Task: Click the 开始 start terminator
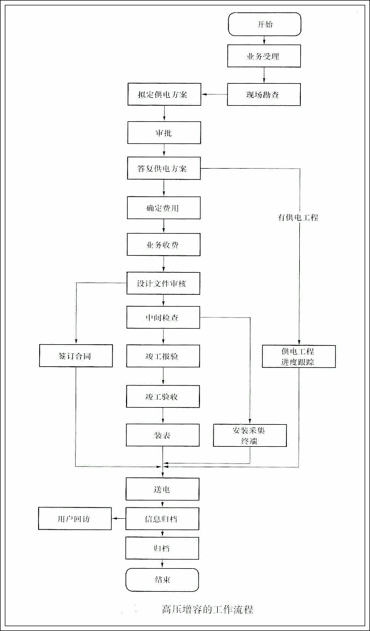(264, 25)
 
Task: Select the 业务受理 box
(264, 56)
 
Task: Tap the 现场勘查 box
(264, 95)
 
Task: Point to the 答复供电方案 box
(164, 169)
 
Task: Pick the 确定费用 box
(164, 207)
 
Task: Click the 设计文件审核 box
(164, 283)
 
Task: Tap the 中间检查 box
(164, 317)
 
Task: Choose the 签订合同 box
(76, 356)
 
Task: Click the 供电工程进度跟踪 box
(299, 356)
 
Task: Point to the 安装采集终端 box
(250, 435)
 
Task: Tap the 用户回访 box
(75, 519)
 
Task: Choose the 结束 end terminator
(162, 580)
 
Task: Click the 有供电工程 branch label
(298, 217)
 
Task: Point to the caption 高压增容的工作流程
(207, 610)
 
